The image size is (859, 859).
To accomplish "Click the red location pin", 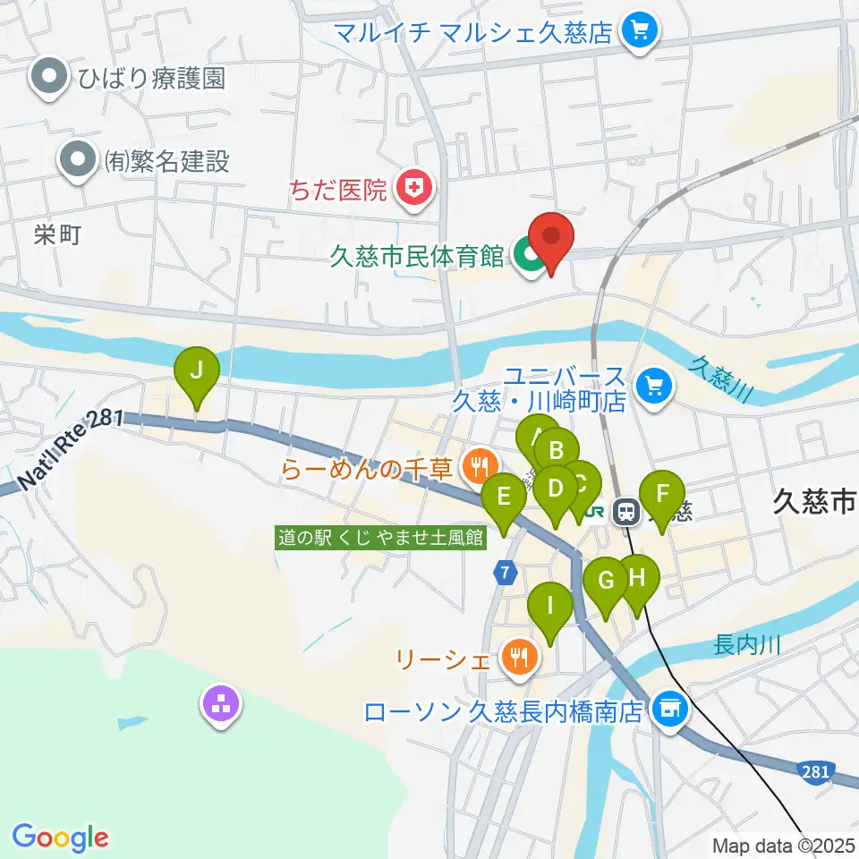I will point(551,240).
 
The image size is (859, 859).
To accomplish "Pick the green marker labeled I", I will point(549,608).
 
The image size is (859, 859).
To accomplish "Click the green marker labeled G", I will point(606,583).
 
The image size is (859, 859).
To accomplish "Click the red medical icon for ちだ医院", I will point(413,189).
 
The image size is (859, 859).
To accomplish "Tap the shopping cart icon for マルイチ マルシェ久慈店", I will point(639,33).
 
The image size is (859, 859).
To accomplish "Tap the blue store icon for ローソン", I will point(669,710).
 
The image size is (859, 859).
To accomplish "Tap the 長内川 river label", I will point(748,643).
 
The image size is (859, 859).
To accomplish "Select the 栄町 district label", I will point(59,235).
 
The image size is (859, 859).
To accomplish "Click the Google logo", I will point(60,837).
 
